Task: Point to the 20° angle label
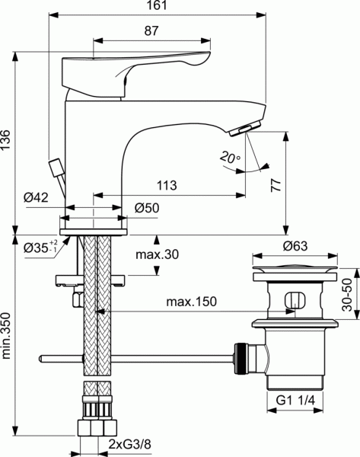(229, 158)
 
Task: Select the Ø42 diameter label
(37, 198)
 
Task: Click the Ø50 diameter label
(146, 207)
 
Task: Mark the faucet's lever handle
(137, 69)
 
